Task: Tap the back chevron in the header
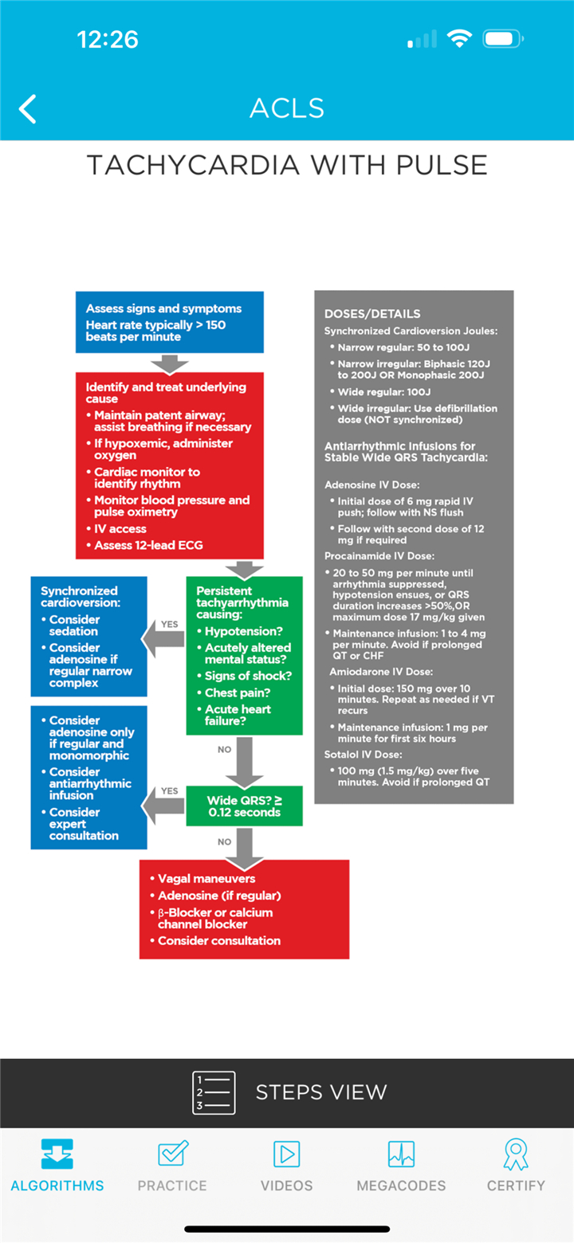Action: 27,108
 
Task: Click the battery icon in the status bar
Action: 503,39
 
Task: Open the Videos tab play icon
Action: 287,1154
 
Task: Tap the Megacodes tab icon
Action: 401,1154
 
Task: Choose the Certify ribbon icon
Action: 516,1155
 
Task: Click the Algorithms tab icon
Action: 57,1154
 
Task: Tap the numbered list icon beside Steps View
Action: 214,1092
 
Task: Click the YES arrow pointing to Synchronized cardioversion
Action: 163,639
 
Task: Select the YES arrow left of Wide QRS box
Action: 163,806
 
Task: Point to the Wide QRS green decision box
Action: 244,806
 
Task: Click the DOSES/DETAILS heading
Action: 372,314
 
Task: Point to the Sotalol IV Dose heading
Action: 364,755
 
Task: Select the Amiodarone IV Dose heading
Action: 381,672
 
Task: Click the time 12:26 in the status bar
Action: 108,39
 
